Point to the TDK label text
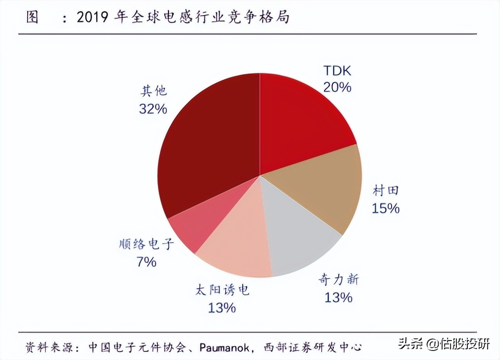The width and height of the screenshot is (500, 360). click(337, 71)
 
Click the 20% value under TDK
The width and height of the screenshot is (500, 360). click(337, 87)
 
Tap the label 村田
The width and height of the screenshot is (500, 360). click(386, 190)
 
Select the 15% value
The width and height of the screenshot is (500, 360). click(386, 208)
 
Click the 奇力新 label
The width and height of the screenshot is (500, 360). click(338, 280)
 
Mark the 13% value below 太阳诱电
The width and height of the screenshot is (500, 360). click(222, 308)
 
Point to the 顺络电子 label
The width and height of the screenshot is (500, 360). click(145, 244)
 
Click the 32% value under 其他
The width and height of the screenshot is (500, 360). click(153, 109)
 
